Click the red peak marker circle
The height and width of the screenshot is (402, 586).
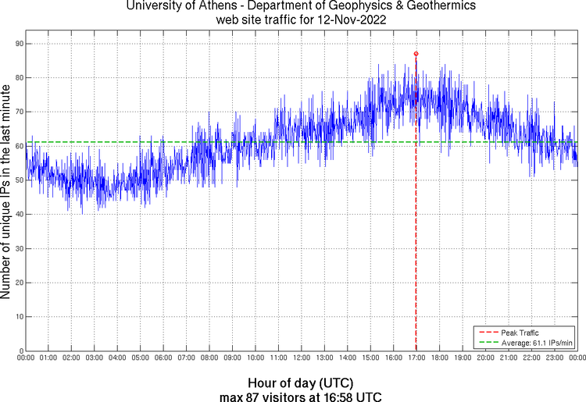416,54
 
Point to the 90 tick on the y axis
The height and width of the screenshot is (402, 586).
19,44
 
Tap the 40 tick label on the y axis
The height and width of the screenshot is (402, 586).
19,214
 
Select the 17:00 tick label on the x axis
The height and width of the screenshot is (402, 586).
416,358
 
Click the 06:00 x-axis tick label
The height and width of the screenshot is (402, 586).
163,358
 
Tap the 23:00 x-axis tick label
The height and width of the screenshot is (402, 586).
554,358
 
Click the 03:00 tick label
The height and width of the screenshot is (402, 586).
94,358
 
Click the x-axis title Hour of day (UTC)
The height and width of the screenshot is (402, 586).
300,383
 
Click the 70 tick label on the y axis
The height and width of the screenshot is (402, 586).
19,112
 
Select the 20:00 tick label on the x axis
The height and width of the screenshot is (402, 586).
485,358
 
